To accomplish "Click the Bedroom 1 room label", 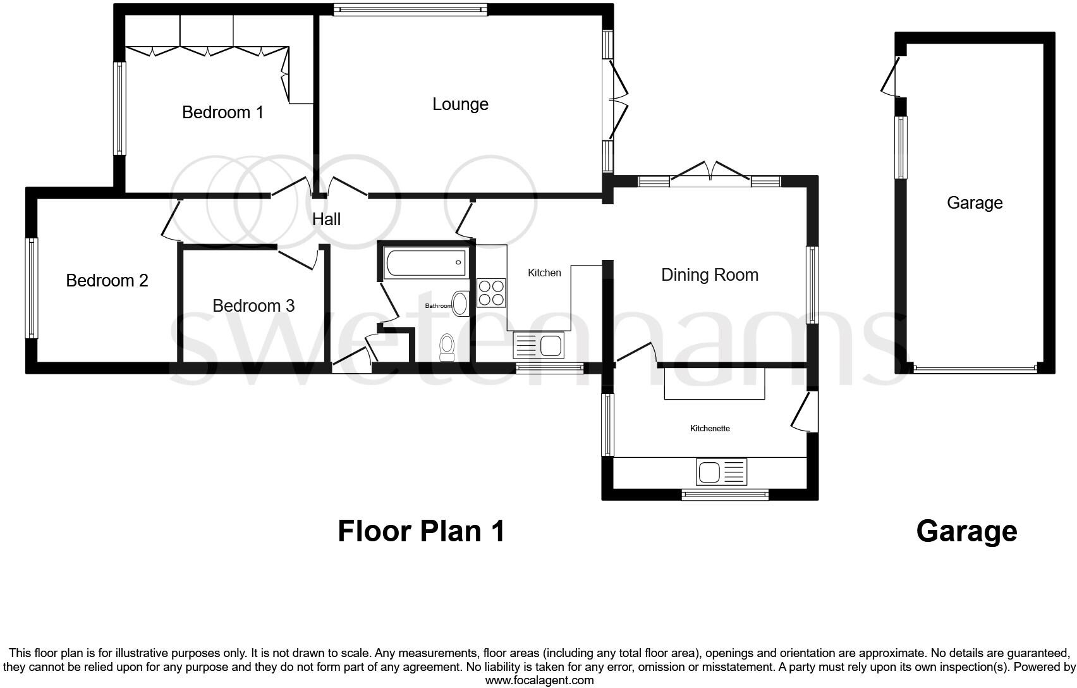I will (x=222, y=113).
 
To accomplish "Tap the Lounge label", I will (x=460, y=104).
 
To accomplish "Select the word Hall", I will (x=326, y=219).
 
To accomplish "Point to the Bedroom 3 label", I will (x=253, y=306).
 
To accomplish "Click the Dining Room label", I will (x=709, y=275).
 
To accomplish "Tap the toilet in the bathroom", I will (x=447, y=347).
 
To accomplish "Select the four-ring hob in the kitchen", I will (x=491, y=293).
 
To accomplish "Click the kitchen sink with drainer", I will (x=539, y=345).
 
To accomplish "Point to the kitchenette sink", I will (x=721, y=472).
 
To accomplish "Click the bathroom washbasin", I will (x=461, y=304).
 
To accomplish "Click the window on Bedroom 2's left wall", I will (x=31, y=288).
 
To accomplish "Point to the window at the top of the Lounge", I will (x=410, y=9).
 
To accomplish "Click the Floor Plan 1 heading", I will (x=421, y=531).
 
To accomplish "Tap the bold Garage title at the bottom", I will (x=966, y=531).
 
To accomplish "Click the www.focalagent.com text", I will (x=539, y=681).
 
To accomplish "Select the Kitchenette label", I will (x=710, y=429).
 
